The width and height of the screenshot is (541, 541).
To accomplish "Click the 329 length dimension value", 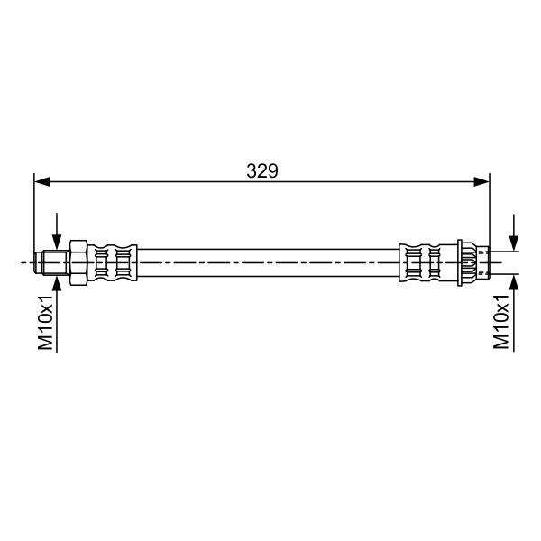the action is pos(261,170).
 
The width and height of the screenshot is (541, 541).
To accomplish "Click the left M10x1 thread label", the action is pos(46,322).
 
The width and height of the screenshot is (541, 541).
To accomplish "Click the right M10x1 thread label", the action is pos(501,321).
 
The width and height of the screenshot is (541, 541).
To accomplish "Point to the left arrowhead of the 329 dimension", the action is pos(42,181).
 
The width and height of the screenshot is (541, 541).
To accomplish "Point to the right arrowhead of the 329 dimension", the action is pos(481,181).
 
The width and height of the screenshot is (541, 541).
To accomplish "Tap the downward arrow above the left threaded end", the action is pos(57,232).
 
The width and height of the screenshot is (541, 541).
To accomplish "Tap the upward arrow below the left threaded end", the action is pos(57,314).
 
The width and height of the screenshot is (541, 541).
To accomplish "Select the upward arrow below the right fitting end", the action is pos(514,313).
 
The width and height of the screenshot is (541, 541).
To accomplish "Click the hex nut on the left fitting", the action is pos(79,263).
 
